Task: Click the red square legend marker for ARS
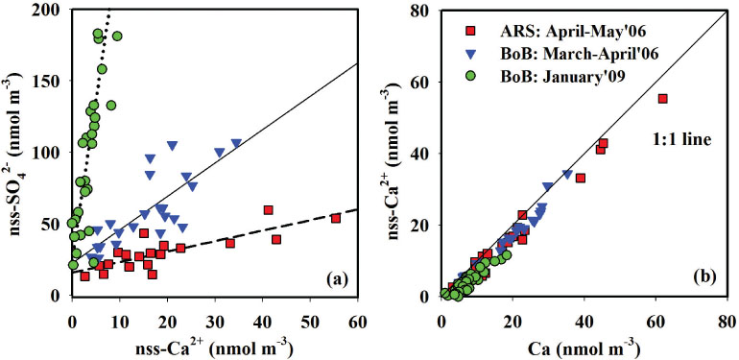coord(469,31)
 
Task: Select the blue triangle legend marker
coord(469,54)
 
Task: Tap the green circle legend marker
coord(469,77)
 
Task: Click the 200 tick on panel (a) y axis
coord(51,10)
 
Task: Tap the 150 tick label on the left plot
coord(51,81)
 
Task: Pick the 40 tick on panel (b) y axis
coord(420,154)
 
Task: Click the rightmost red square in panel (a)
coord(336,219)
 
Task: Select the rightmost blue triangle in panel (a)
coord(236,143)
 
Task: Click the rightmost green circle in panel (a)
coord(117,36)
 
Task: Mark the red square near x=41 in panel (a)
coord(268,209)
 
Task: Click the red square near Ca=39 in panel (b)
coord(581,179)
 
